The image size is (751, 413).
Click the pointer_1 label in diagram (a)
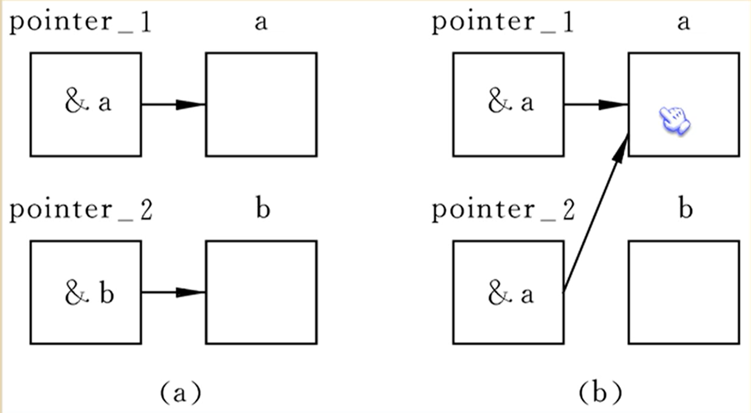[x=81, y=23]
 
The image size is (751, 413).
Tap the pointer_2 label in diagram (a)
[x=81, y=210]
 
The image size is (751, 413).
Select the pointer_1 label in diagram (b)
[x=503, y=23]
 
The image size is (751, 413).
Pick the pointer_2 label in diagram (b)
[x=503, y=210]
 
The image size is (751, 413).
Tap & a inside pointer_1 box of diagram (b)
[x=510, y=103]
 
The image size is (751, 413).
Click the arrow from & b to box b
[x=174, y=292]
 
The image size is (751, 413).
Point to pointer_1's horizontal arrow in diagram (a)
[x=174, y=105]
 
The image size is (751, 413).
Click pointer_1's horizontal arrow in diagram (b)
[x=596, y=105]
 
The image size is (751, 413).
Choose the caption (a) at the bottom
[x=179, y=393]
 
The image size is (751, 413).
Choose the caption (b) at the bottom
[x=601, y=393]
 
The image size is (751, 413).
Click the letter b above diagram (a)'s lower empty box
[x=263, y=209]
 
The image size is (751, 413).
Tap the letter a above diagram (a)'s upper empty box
[x=261, y=23]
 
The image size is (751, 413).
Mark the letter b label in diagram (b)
[x=685, y=209]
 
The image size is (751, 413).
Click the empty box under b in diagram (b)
[x=684, y=292]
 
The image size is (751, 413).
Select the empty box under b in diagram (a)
[x=261, y=292]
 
